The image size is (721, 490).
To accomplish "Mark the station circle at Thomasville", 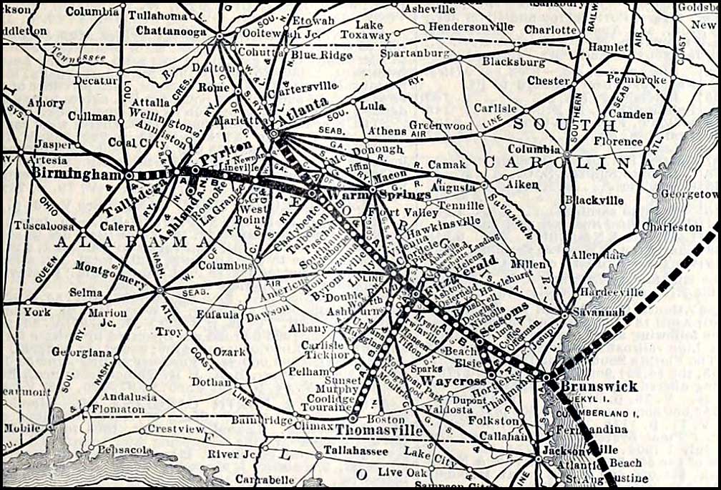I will click(x=353, y=418).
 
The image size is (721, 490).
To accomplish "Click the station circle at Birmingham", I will click(x=129, y=175).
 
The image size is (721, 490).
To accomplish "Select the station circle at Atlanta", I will click(x=274, y=132).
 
